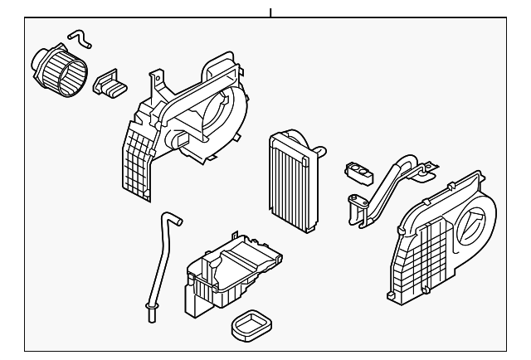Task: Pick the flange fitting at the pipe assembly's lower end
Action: (x=358, y=204)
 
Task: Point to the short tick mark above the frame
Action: (x=270, y=12)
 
